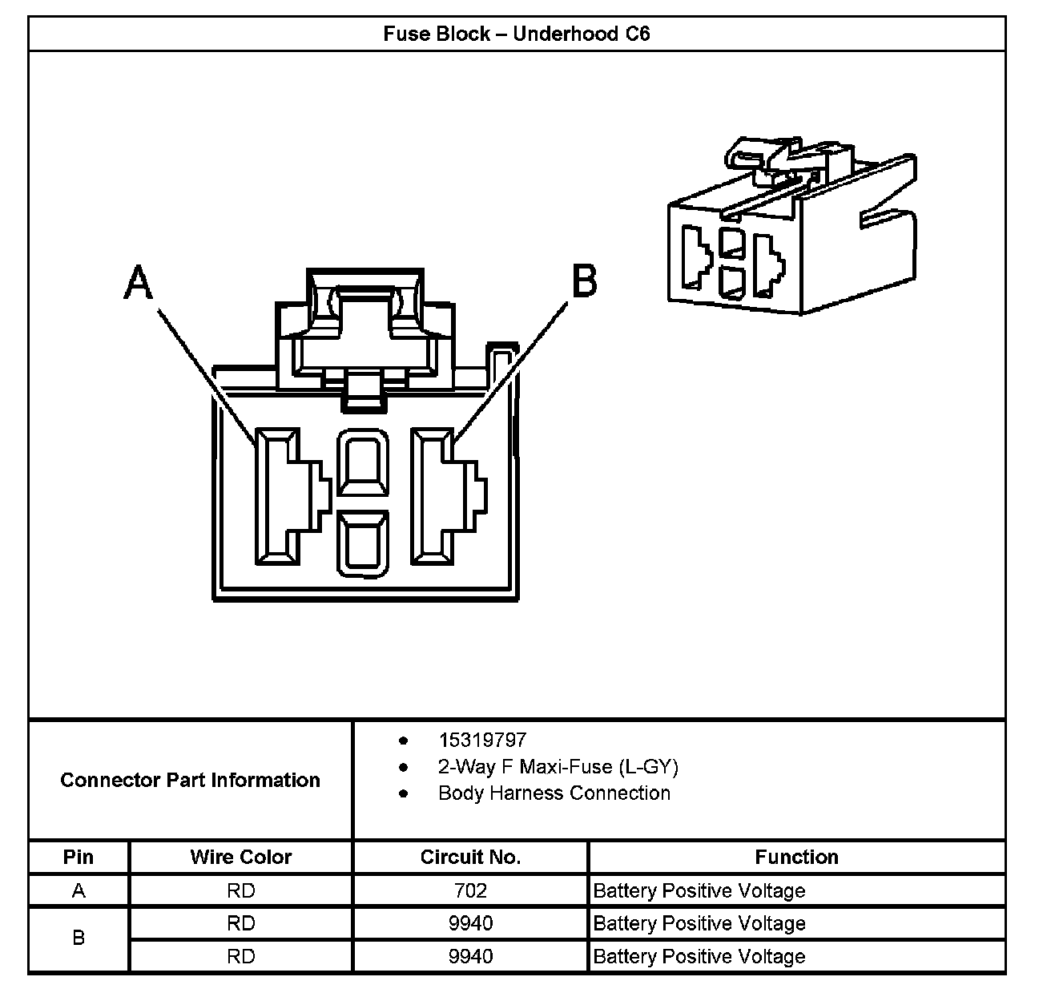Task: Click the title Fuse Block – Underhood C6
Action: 516,34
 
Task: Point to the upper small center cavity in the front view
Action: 363,465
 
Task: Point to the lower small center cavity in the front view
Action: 363,545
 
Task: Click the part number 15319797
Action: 482,740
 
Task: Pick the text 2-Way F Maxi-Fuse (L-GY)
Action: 558,767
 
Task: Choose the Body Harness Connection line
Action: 554,793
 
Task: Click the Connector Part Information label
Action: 190,780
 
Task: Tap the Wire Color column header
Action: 240,857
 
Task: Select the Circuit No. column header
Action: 470,857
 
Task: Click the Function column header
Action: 796,857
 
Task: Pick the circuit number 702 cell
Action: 470,890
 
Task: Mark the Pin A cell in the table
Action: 79,890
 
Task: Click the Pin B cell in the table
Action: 79,938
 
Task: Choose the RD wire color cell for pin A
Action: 240,890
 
